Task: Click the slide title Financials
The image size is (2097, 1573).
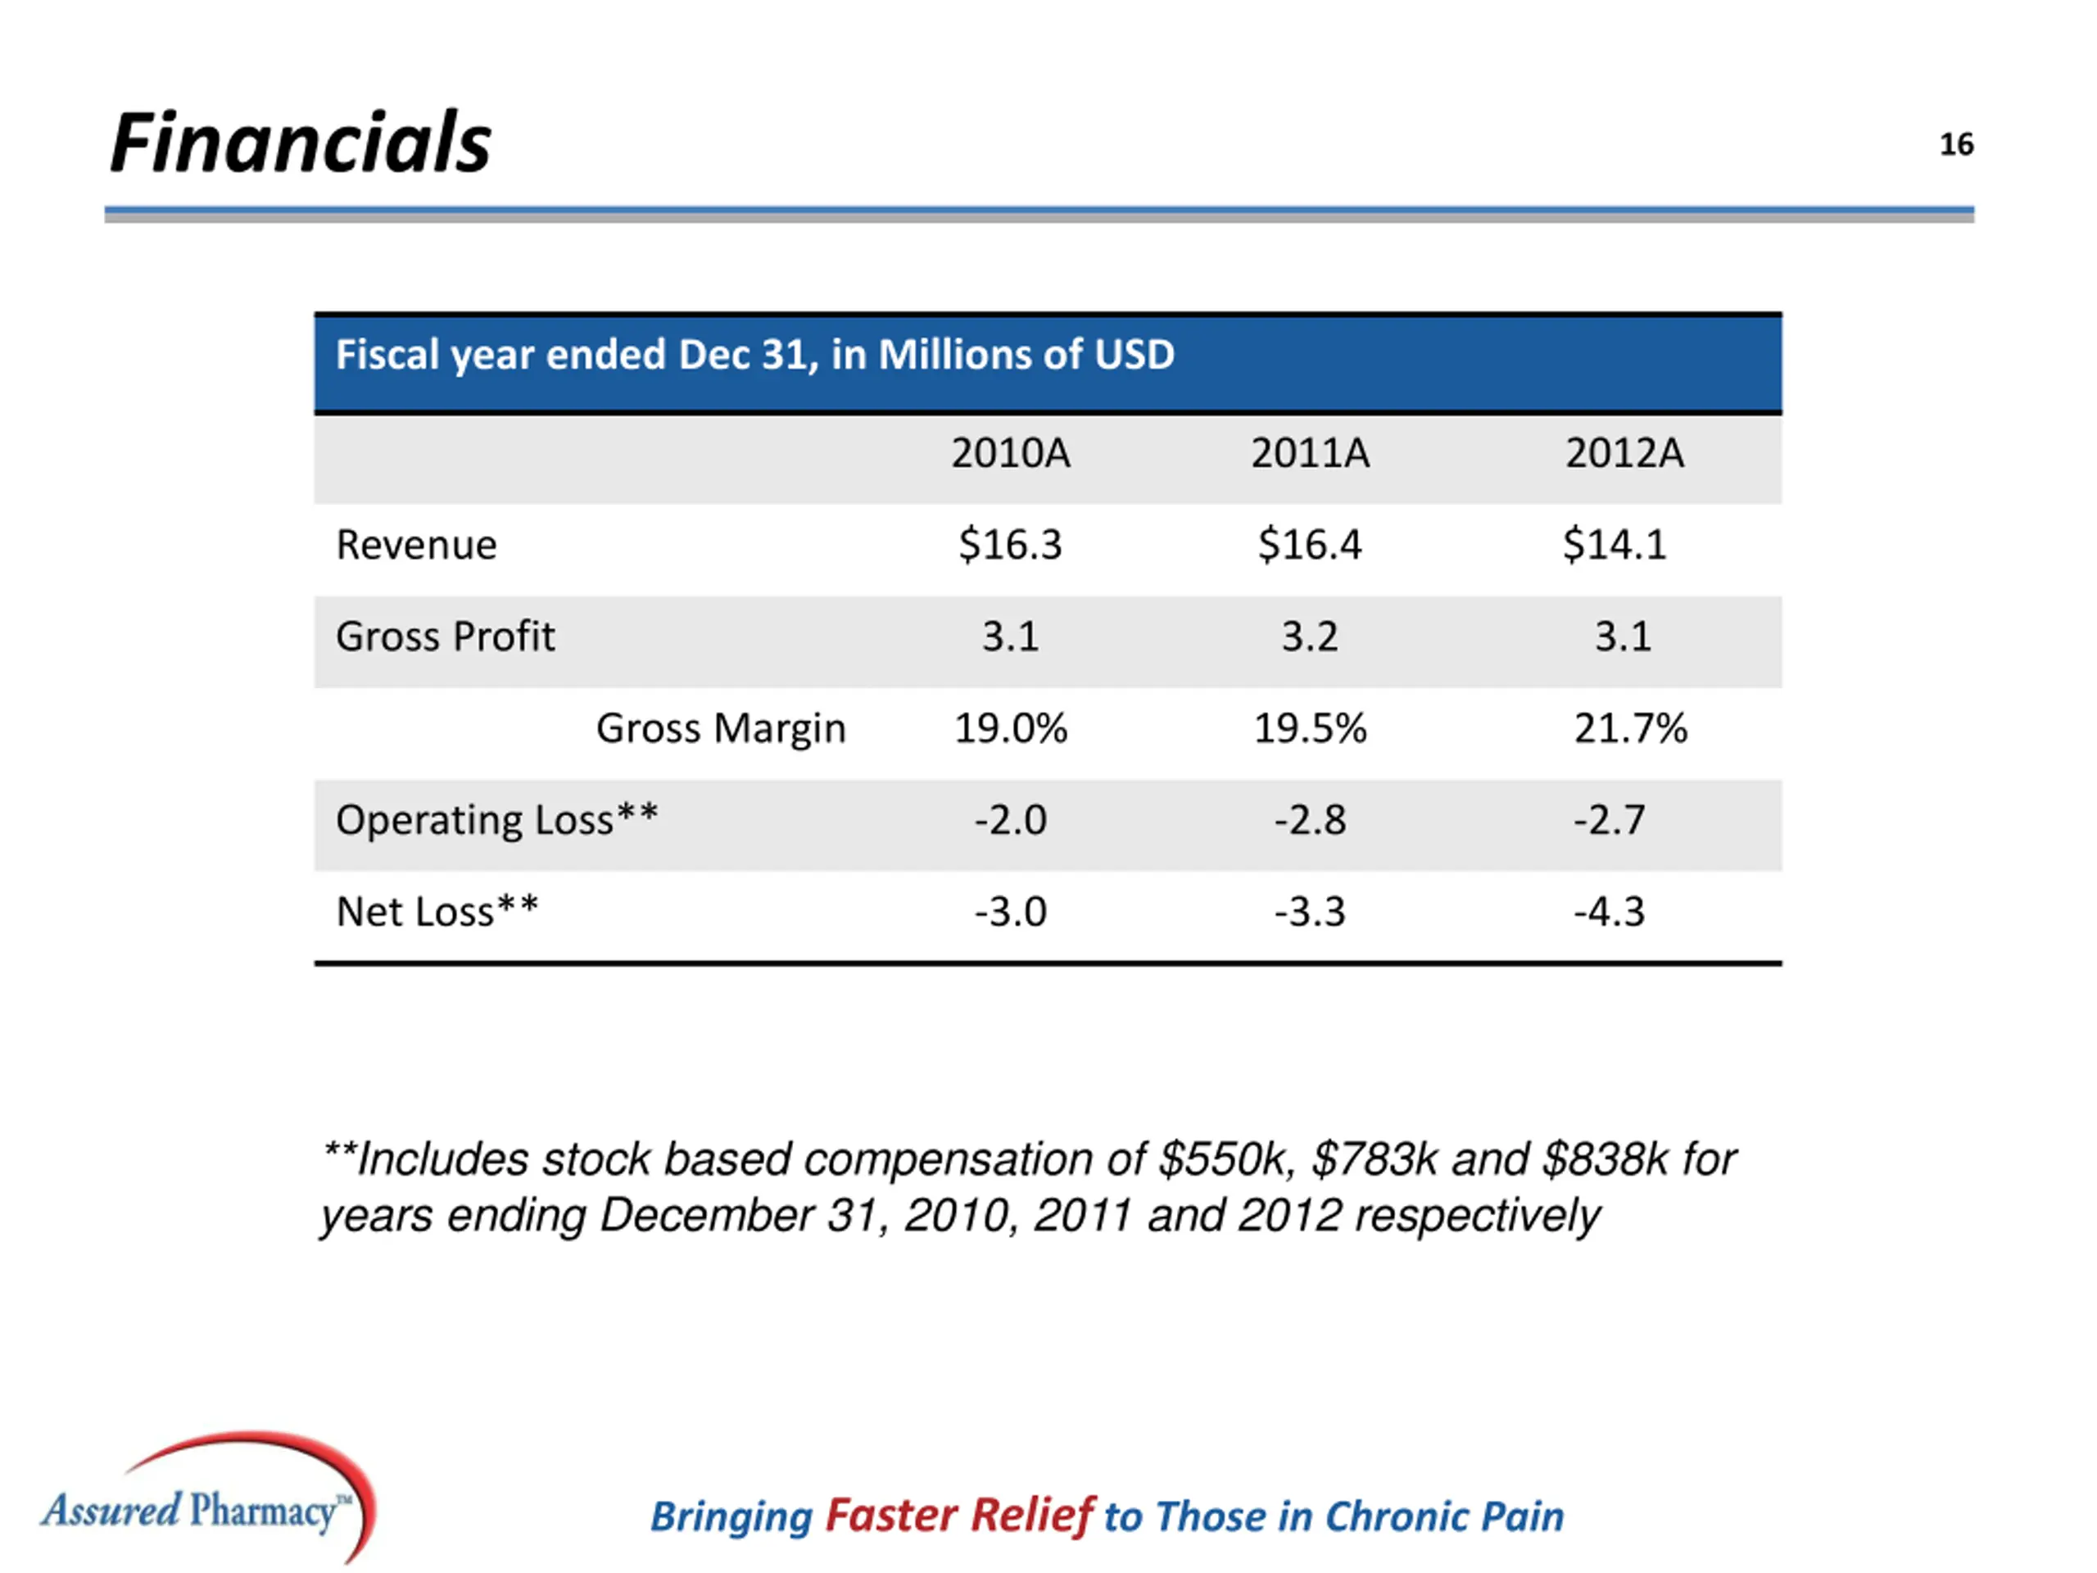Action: pyautogui.click(x=301, y=143)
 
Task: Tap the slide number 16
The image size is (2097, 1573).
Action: pyautogui.click(x=1956, y=144)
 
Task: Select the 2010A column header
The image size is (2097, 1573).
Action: pyautogui.click(x=1011, y=453)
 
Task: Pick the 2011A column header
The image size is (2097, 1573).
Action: pyautogui.click(x=1310, y=453)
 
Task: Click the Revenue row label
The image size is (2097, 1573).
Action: pyautogui.click(x=416, y=545)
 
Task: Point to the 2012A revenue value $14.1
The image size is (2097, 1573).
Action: pyautogui.click(x=1615, y=545)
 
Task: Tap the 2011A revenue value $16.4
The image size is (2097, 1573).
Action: pyautogui.click(x=1309, y=545)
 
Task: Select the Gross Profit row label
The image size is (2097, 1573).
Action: pyautogui.click(x=445, y=637)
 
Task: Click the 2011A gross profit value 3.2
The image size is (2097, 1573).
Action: pyautogui.click(x=1309, y=637)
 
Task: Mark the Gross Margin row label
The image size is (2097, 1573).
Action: pyautogui.click(x=721, y=728)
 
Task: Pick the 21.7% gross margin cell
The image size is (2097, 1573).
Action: pyautogui.click(x=1631, y=728)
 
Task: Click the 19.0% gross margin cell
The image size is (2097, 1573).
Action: pyautogui.click(x=1011, y=728)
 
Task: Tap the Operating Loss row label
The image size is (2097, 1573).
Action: pyautogui.click(x=496, y=819)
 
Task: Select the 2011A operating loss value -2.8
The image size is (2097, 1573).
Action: pyautogui.click(x=1309, y=819)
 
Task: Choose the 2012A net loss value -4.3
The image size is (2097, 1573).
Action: pyautogui.click(x=1609, y=911)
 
